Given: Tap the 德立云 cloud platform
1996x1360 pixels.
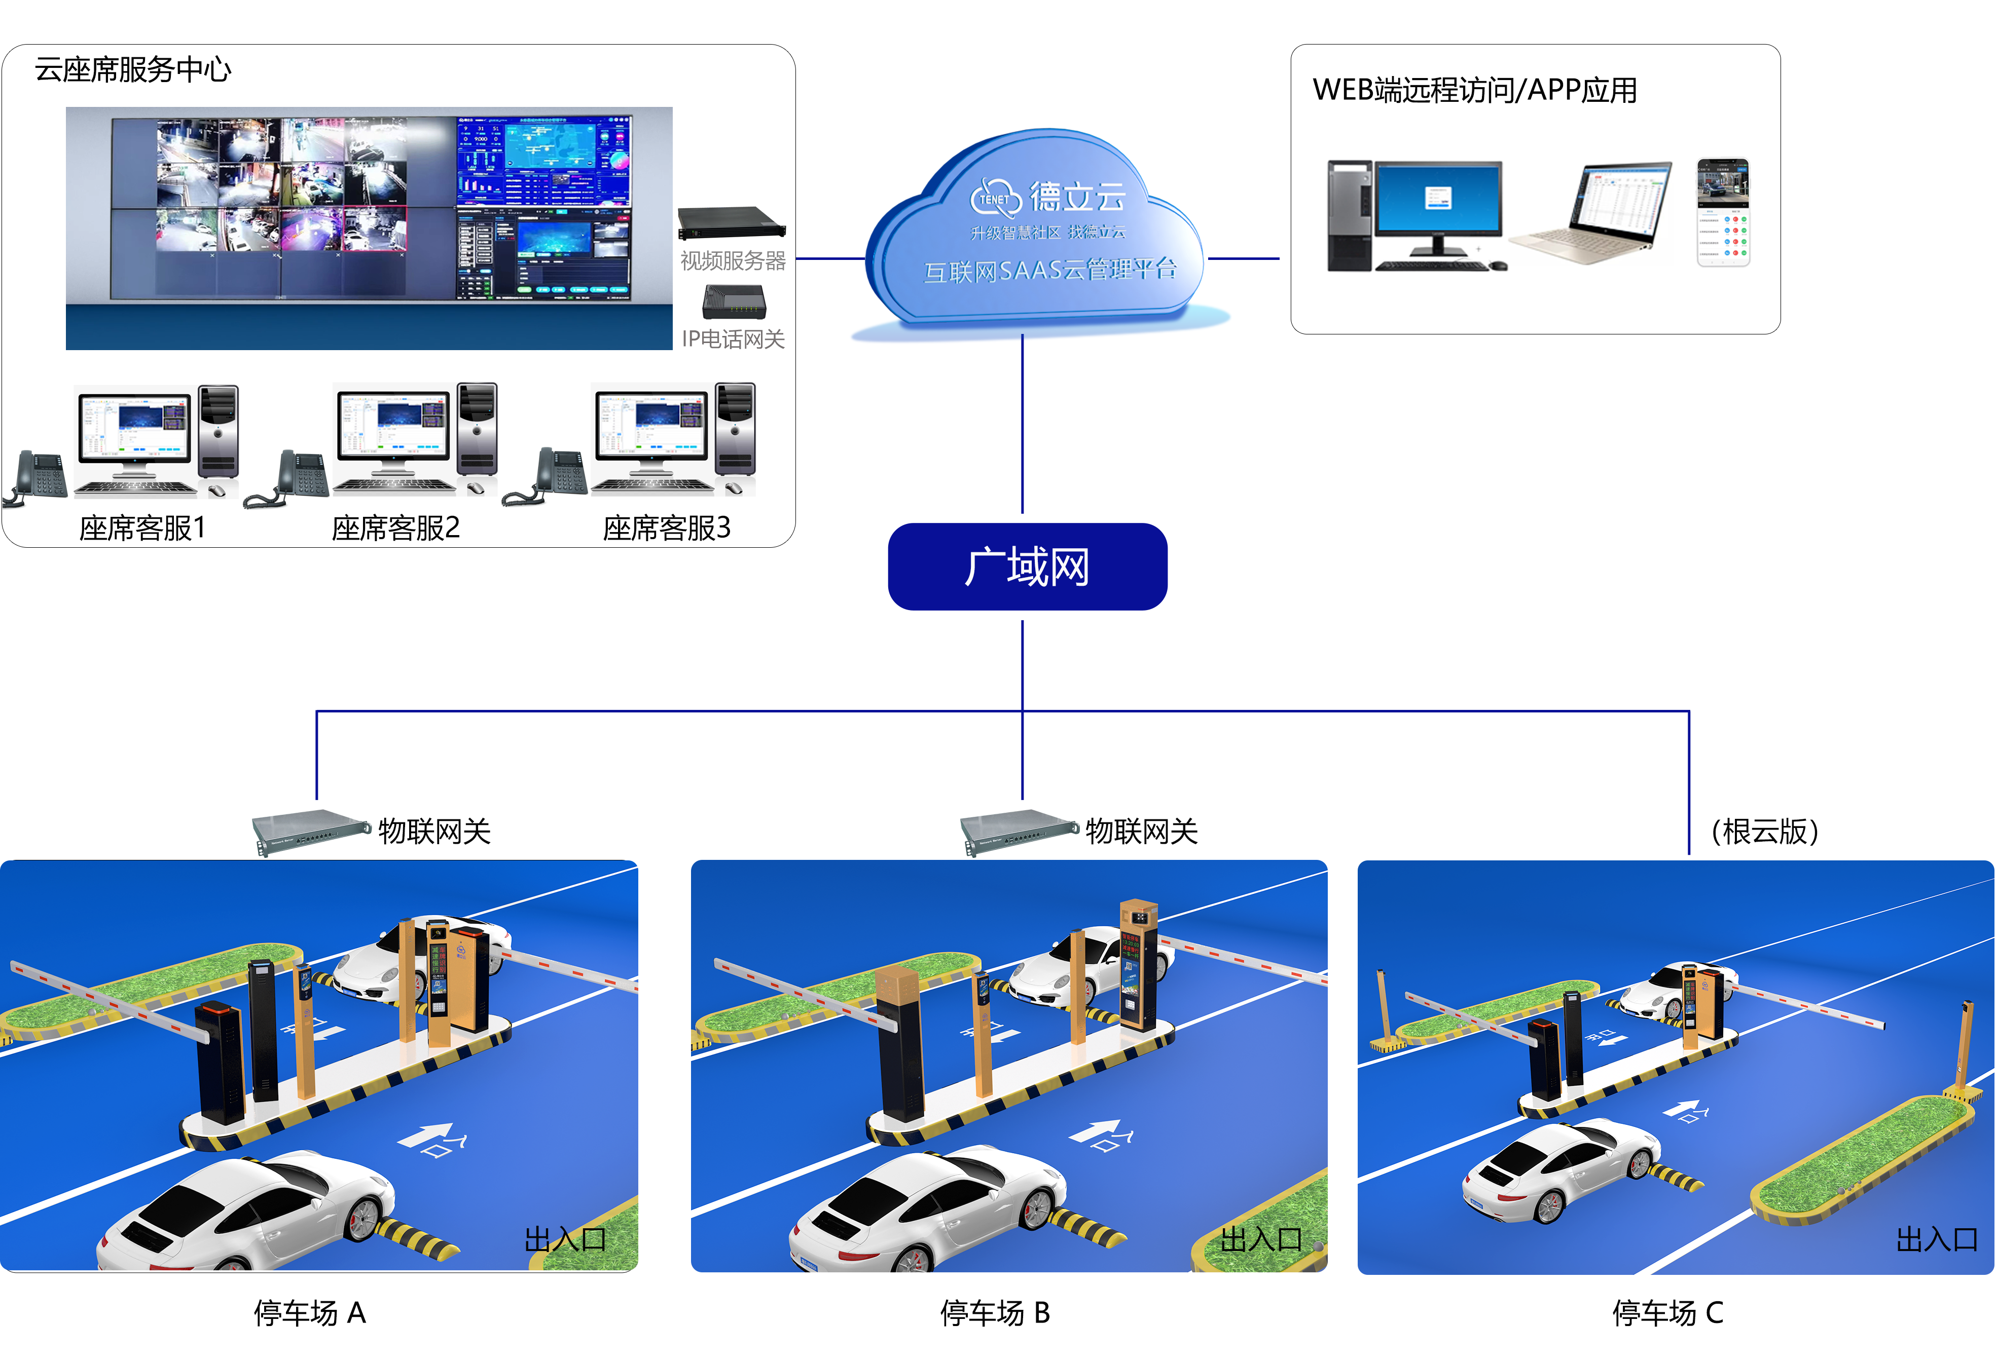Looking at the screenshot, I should [1039, 232].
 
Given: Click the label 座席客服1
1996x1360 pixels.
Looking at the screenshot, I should [142, 527].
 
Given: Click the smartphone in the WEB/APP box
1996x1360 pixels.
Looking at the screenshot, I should [1722, 212].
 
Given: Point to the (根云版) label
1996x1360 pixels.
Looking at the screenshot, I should [1764, 831].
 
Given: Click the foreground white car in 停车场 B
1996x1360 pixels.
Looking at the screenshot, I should [928, 1211].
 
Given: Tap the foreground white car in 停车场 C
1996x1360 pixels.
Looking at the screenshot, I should [1559, 1167].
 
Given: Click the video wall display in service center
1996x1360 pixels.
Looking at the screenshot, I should [369, 210].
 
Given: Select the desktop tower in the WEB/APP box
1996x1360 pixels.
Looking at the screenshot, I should [1349, 215].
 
